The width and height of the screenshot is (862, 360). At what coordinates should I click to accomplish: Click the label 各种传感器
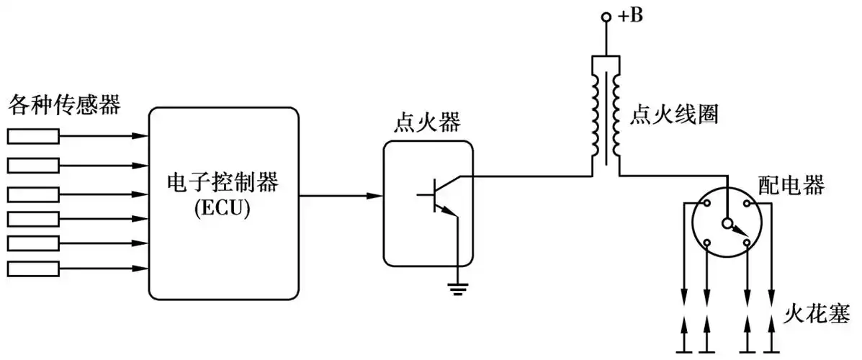point(64,107)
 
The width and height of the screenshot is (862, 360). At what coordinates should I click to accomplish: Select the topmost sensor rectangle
point(33,135)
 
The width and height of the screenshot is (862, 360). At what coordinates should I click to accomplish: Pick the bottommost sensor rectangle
point(33,269)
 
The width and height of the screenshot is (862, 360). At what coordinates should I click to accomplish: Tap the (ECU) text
point(223,208)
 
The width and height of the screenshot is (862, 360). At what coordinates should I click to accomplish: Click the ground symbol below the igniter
point(457,289)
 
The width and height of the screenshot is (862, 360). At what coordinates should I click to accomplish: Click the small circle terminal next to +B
point(606,17)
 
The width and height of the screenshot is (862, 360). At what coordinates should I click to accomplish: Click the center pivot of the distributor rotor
point(728,222)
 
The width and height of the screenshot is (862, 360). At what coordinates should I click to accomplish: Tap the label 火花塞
point(820,313)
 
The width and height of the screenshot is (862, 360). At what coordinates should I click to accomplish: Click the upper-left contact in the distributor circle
point(708,204)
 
